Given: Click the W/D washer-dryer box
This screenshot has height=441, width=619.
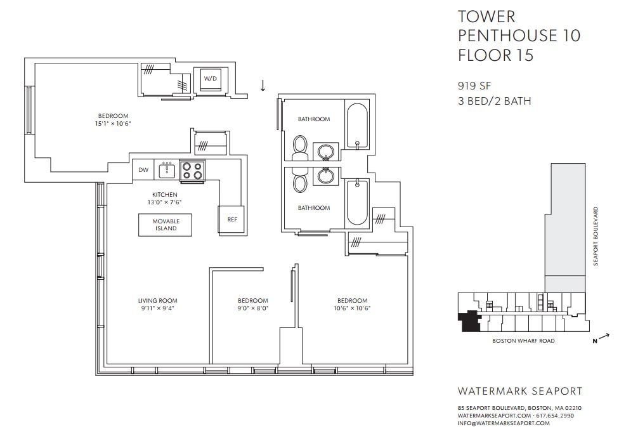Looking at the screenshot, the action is [210, 79].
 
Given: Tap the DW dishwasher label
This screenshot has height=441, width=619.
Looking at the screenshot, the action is [143, 170].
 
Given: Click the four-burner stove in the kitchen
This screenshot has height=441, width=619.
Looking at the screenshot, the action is [192, 171].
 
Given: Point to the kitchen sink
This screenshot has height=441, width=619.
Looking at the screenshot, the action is [167, 171].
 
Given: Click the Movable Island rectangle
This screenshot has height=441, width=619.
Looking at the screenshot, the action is [165, 225].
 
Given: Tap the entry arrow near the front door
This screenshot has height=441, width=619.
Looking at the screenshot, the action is [263, 85].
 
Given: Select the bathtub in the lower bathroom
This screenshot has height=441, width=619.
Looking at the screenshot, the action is [357, 202].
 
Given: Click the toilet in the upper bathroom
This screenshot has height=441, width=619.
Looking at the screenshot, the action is [300, 148].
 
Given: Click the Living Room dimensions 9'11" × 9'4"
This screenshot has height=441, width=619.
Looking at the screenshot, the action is [157, 308].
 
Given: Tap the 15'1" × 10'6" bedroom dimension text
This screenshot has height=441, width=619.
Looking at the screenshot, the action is [113, 124].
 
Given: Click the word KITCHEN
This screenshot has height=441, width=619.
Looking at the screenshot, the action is [165, 195].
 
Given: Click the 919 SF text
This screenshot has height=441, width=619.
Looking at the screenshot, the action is [474, 86].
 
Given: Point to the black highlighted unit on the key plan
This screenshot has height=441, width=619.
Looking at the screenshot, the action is [469, 320].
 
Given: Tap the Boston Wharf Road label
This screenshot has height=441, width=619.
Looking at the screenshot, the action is [523, 341].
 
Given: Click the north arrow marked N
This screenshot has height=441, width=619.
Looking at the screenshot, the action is [601, 339].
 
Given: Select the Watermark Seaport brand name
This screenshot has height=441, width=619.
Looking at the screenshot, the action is [520, 392].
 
